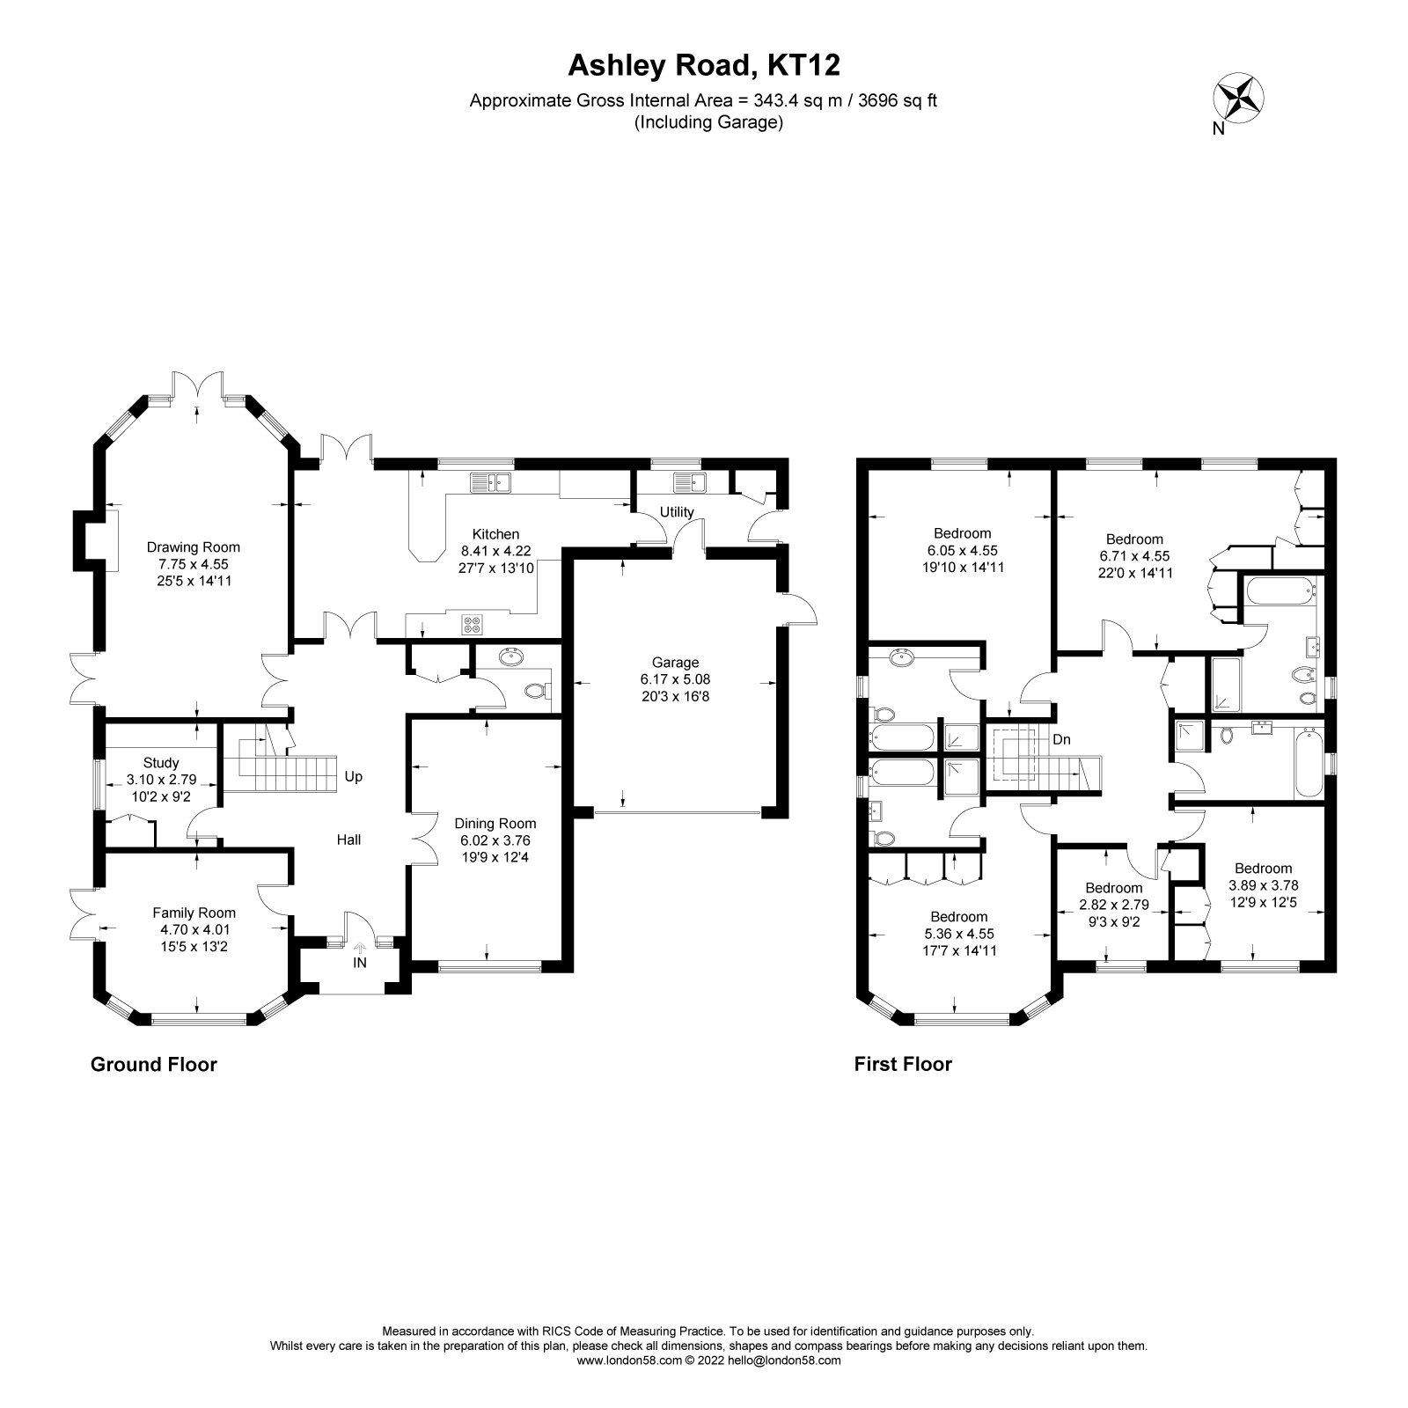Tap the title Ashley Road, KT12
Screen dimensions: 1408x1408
tap(703, 65)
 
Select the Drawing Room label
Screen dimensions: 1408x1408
tap(193, 547)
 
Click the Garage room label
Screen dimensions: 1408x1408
tap(675, 663)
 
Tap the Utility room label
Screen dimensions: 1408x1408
tap(677, 512)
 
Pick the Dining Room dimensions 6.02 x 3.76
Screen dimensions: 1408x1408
tap(495, 840)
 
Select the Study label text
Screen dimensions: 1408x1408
tap(161, 763)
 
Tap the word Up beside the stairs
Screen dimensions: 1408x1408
tap(354, 777)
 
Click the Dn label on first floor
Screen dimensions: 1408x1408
tap(1061, 739)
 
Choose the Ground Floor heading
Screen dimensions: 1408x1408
tap(154, 1065)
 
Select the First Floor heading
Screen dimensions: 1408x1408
tap(903, 1065)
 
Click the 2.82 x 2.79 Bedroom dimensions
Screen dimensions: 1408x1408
tap(1113, 905)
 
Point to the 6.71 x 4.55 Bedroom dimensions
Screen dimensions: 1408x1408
tap(1134, 556)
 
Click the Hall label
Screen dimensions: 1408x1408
tap(349, 840)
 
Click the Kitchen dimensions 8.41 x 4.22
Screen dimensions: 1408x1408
tap(495, 551)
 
